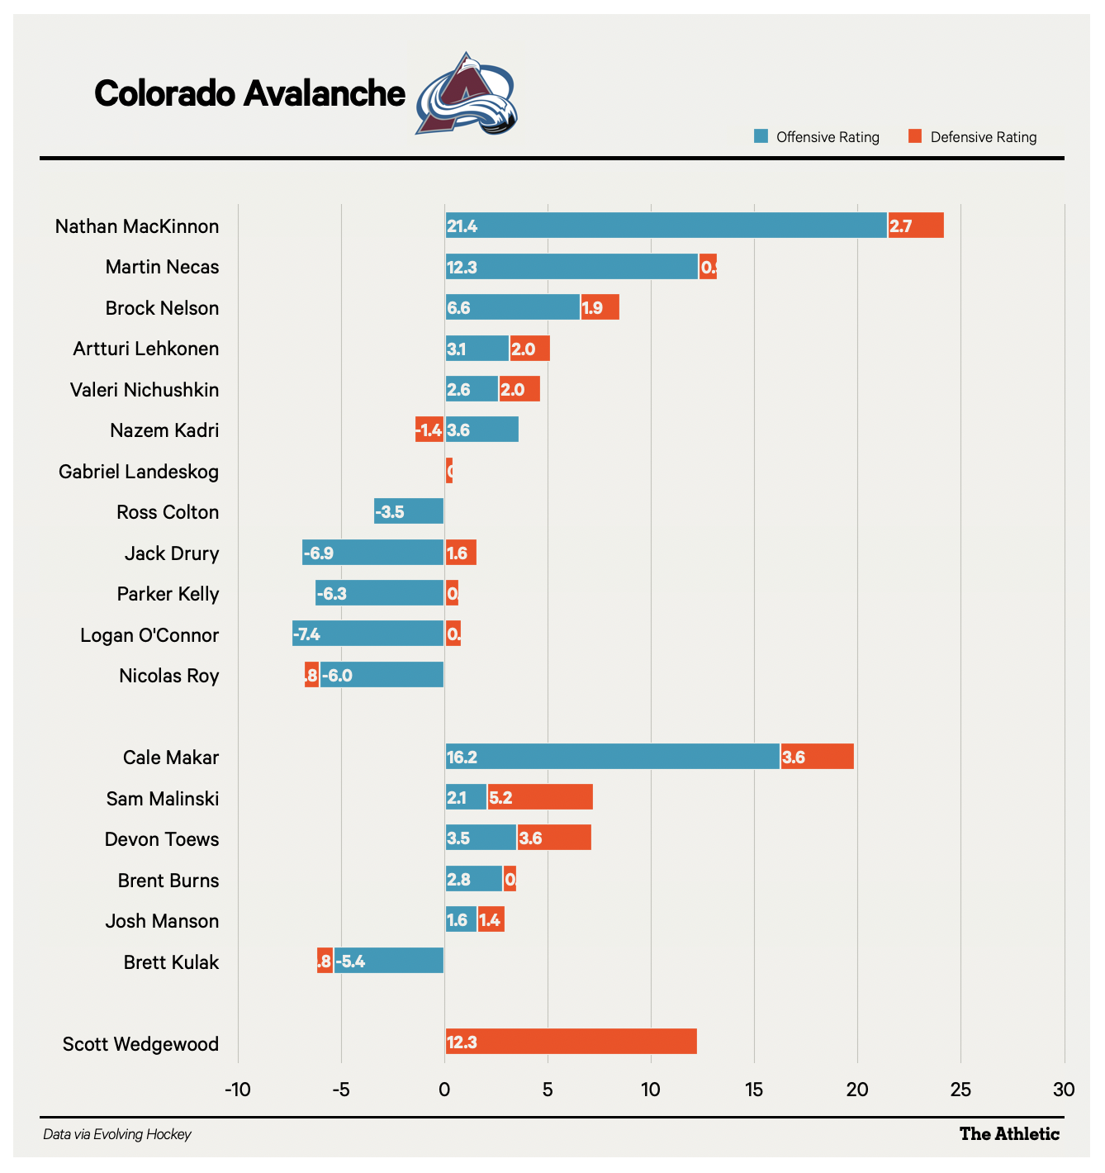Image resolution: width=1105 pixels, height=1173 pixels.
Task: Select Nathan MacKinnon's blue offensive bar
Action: coord(666,226)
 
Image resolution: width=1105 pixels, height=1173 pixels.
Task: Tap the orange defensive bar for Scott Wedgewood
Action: coord(571,1042)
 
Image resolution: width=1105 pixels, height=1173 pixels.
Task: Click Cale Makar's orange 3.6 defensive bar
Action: coord(817,757)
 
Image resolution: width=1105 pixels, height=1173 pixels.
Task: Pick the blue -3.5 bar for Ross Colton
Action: coord(409,511)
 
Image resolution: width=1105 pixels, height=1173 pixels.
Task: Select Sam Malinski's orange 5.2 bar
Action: coord(540,798)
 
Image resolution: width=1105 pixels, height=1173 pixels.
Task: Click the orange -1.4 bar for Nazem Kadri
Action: coord(429,430)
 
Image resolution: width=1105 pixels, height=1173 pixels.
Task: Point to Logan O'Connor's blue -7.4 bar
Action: coord(368,634)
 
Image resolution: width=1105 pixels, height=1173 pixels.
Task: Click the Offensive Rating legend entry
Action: coord(817,137)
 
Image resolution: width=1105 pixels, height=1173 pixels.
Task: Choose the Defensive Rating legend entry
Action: coord(972,137)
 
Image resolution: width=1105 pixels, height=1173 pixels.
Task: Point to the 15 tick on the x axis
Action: coord(754,1090)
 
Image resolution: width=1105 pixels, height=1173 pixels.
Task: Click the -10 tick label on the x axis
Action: coord(238,1090)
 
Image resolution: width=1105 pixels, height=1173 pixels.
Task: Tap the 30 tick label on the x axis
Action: coord(1064,1090)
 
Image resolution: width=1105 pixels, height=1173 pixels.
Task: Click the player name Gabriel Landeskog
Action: coord(139,472)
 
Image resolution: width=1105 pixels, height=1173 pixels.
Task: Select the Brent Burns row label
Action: coord(168,881)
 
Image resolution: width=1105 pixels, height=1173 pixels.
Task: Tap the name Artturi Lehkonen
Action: coord(146,349)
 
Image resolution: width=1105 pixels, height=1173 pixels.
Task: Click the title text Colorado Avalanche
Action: coord(249,93)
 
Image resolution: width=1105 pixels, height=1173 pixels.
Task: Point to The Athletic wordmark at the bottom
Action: coord(1009,1134)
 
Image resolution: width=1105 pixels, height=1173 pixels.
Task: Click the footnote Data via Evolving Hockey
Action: coord(117,1135)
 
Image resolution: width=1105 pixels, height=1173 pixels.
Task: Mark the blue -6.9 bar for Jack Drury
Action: coord(373,553)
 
